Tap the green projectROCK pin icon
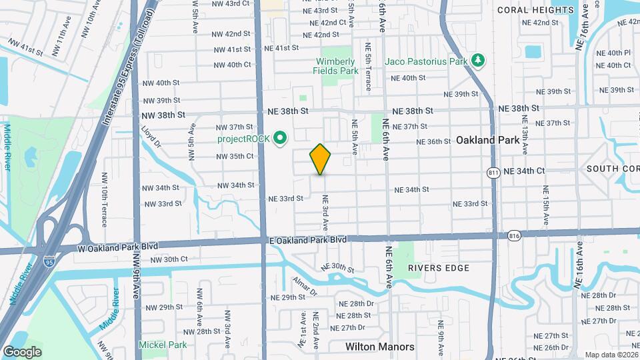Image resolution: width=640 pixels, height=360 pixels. pos(281,139)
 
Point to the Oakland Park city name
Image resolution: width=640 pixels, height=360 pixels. pos(487,141)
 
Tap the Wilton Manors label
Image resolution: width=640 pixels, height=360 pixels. pos(379,347)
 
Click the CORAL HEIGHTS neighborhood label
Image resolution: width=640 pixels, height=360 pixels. pos(535,10)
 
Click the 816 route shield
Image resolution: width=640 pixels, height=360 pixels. pos(513,235)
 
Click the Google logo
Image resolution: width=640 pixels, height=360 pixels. pos(21,351)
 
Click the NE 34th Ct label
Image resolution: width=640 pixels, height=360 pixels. pos(524,171)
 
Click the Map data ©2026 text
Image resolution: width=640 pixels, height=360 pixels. pos(610,355)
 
